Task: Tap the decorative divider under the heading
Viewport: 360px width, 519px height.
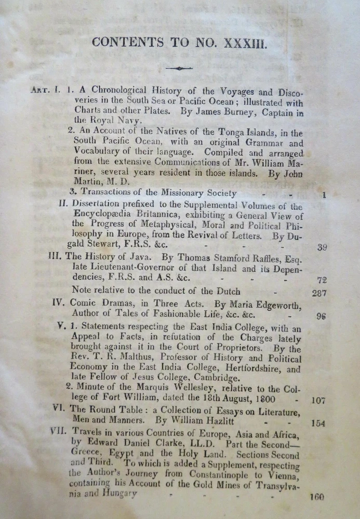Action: (179, 68)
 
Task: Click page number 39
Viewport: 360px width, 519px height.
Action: (322, 247)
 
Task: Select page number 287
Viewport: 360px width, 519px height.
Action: (319, 293)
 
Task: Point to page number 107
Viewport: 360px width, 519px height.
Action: (318, 400)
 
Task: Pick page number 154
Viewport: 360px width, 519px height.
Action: (318, 423)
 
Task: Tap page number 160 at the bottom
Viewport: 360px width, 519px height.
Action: (317, 497)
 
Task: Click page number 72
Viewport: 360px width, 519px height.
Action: (322, 280)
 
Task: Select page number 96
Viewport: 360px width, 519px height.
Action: (321, 316)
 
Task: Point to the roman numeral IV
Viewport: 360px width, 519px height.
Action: (59, 303)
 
